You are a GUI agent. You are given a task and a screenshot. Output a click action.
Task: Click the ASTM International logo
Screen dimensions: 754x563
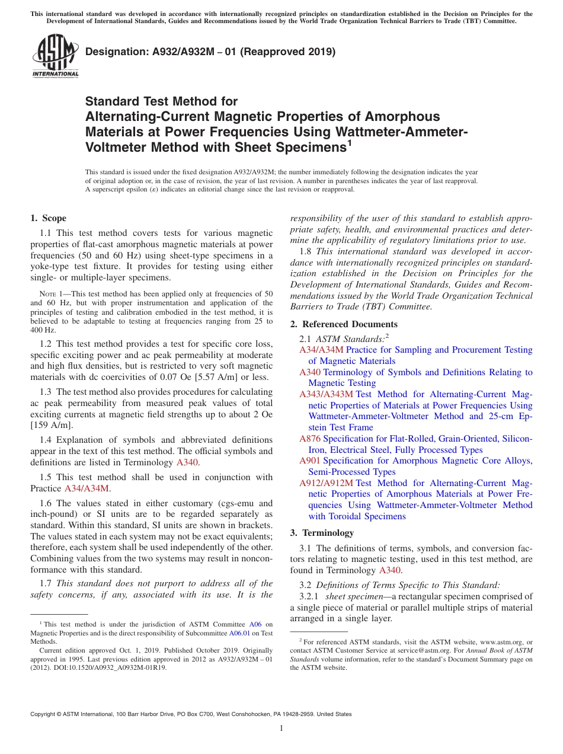pyautogui.click(x=55, y=56)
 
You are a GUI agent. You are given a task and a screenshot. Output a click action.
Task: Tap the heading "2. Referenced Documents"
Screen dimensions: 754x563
pyautogui.click(x=344, y=324)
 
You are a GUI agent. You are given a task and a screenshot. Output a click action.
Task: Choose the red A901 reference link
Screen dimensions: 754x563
pyautogui.click(x=310, y=461)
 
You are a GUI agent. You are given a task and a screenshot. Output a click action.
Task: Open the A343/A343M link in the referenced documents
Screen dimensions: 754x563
pyautogui.click(x=326, y=394)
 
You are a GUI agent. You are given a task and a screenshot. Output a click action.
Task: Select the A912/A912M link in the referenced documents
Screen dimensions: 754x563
pyautogui.click(x=326, y=483)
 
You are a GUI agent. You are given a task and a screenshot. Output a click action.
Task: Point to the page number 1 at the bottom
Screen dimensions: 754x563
pyautogui.click(x=281, y=728)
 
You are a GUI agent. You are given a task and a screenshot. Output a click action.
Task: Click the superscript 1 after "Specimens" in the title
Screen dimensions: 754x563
pyautogui.click(x=350, y=143)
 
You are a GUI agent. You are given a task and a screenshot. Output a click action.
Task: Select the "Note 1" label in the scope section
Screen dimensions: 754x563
pyautogui.click(x=47, y=294)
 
